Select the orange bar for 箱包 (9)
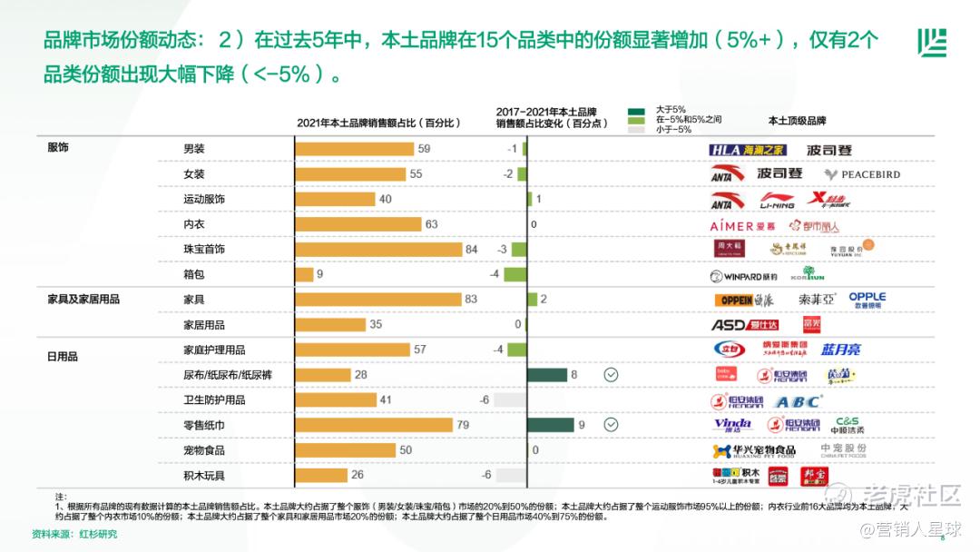point(304,274)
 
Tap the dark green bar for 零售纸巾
point(551,424)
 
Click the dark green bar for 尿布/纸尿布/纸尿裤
point(547,374)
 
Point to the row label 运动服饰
point(204,199)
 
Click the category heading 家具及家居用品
point(83,299)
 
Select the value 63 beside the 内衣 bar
point(431,224)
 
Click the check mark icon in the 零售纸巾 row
point(612,424)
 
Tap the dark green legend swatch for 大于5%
point(636,110)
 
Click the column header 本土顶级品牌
point(797,121)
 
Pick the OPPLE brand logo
point(867,300)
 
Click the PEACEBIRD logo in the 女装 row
point(862,174)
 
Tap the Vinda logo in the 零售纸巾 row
point(731,424)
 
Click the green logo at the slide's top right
point(931,42)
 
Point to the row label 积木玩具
point(204,475)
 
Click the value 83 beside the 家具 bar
point(470,299)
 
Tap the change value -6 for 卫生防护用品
point(485,399)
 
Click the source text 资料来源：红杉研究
point(74,534)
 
